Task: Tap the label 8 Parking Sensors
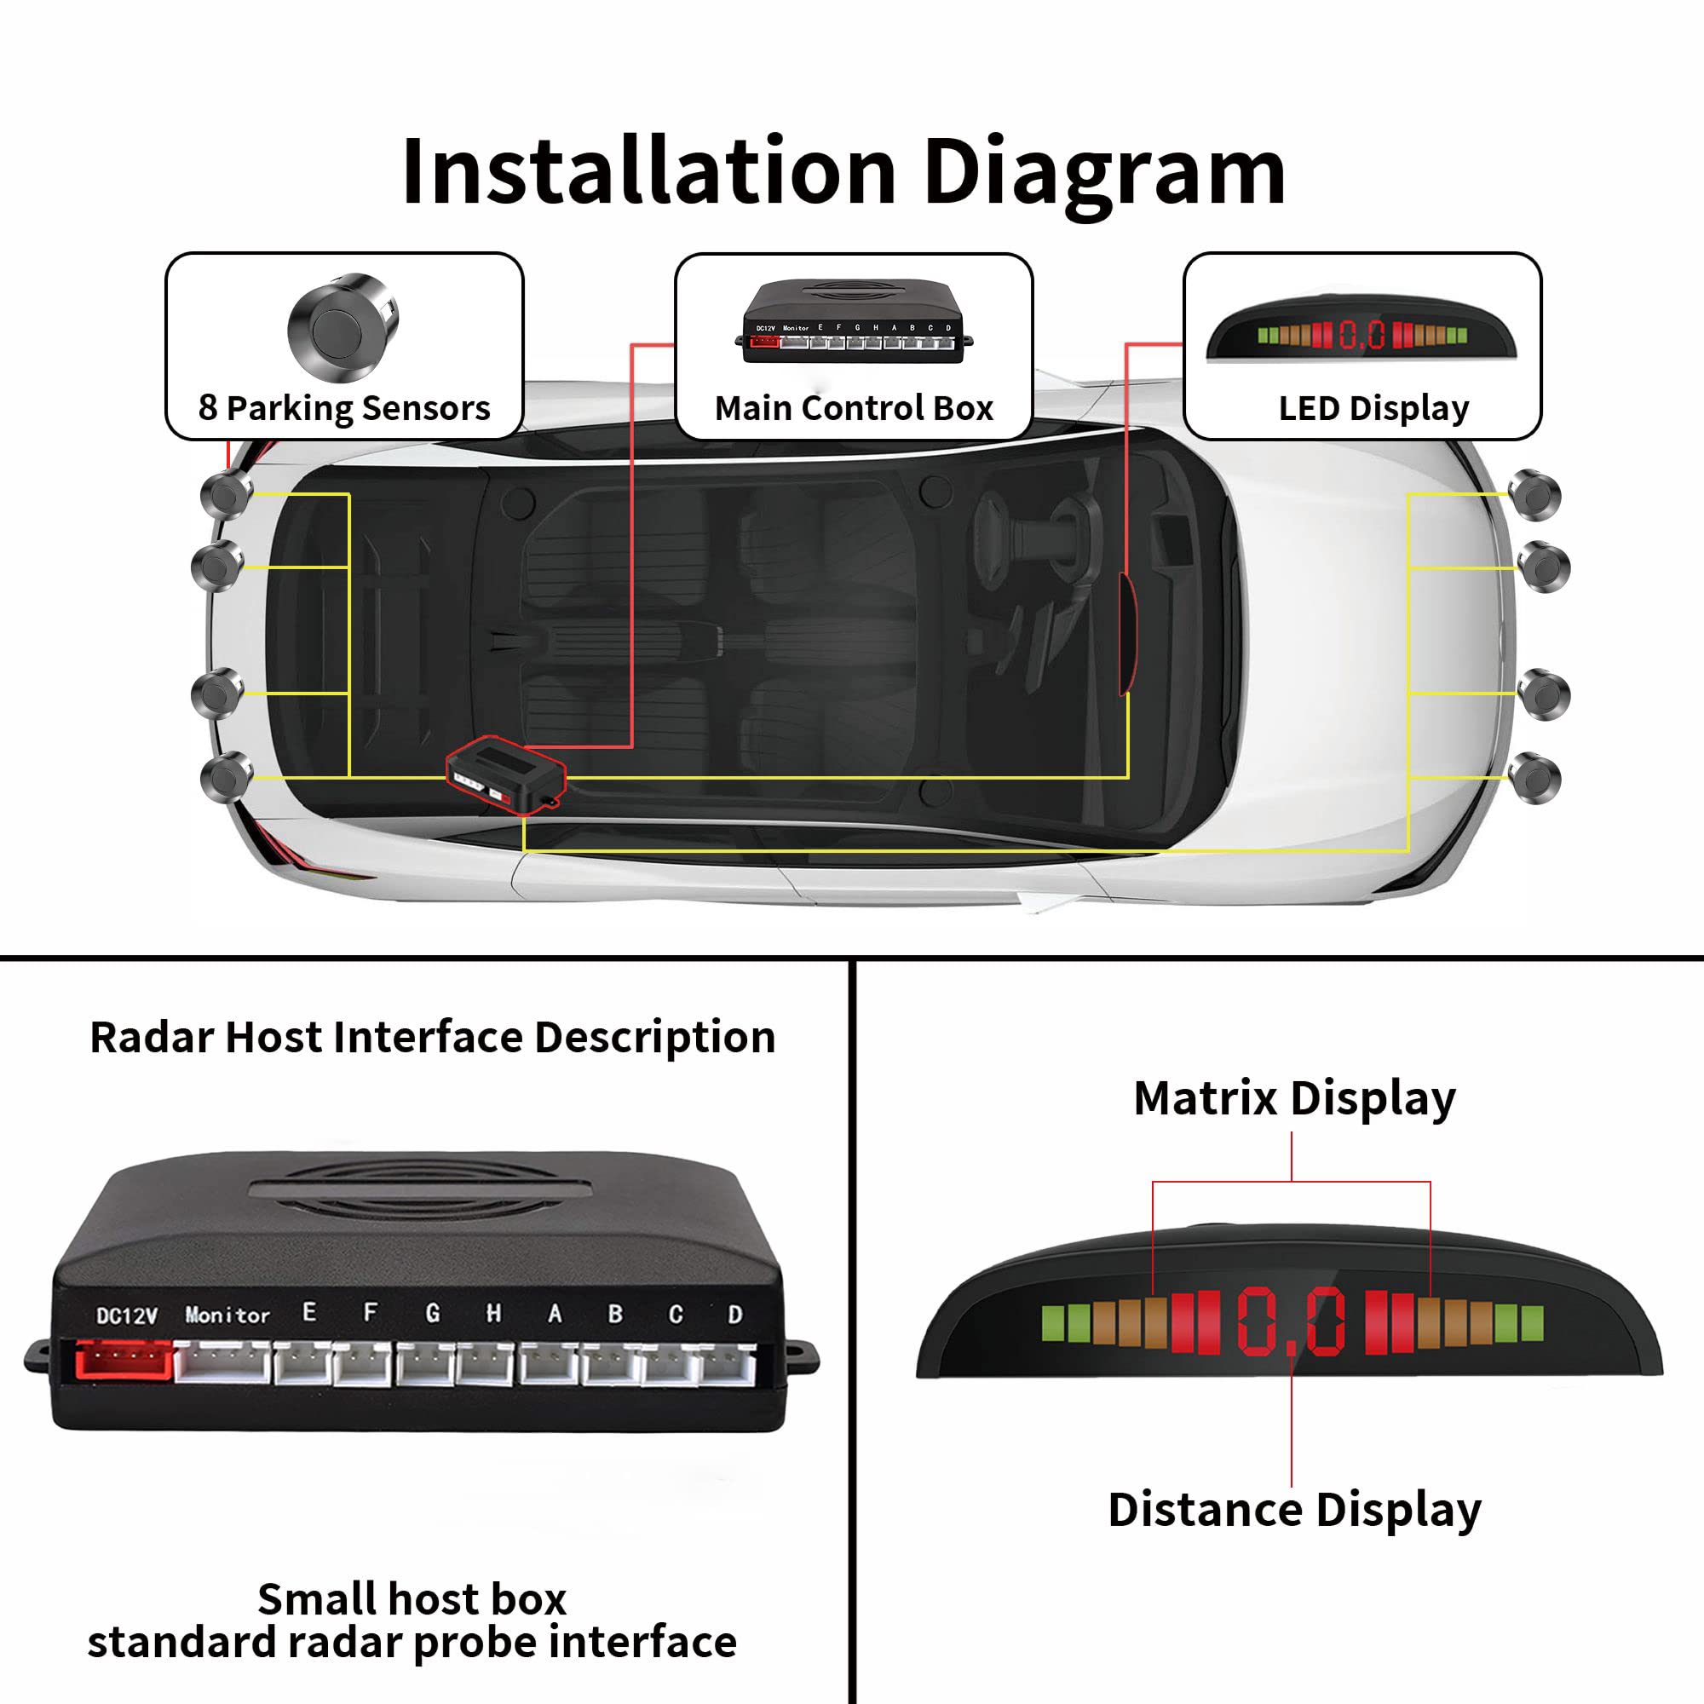pyautogui.click(x=344, y=407)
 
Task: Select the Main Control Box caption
pyautogui.click(x=853, y=407)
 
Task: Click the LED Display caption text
pyautogui.click(x=1373, y=407)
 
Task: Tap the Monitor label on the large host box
pyautogui.click(x=227, y=1315)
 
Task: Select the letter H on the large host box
pyautogui.click(x=493, y=1313)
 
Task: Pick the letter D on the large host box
pyautogui.click(x=734, y=1314)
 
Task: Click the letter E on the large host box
pyautogui.click(x=308, y=1311)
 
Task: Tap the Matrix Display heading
pyautogui.click(x=1294, y=1098)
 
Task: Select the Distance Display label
pyautogui.click(x=1294, y=1509)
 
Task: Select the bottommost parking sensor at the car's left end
pyautogui.click(x=227, y=777)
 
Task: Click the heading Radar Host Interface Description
pyautogui.click(x=432, y=1036)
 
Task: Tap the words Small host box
pyautogui.click(x=412, y=1598)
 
